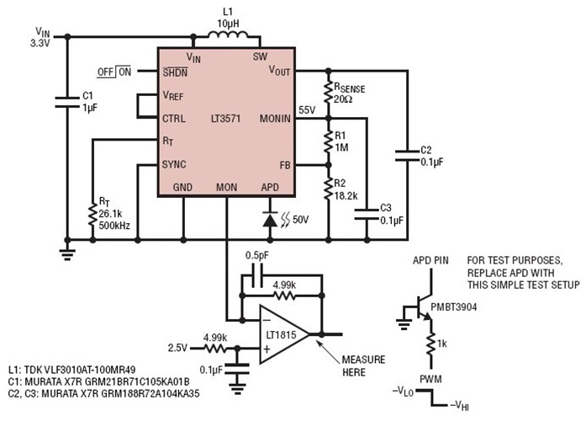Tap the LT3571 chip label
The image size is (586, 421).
click(x=226, y=120)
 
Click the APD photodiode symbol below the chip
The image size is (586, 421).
click(x=269, y=219)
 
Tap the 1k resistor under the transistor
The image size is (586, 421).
click(x=429, y=345)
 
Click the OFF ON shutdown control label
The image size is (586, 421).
click(x=114, y=72)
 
